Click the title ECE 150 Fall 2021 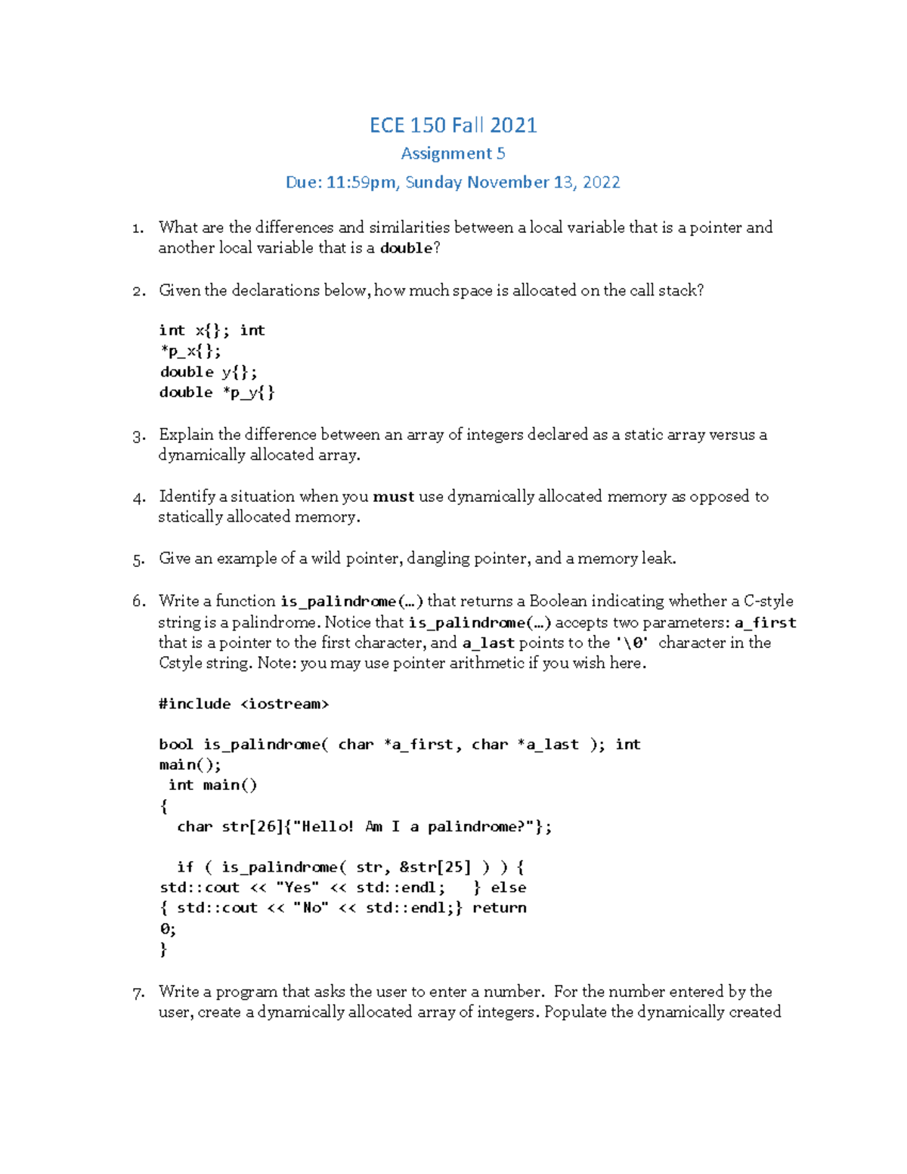[453, 125]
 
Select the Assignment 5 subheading [453, 153]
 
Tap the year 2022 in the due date [601, 182]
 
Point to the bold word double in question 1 [406, 249]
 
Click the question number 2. [138, 291]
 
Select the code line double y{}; [209, 372]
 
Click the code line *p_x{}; [190, 352]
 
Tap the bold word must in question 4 [393, 497]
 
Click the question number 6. [138, 602]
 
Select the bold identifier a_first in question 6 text [765, 623]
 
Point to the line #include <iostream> [243, 704]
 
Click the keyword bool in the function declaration [176, 745]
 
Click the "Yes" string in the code [297, 887]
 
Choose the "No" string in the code [311, 908]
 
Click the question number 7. [138, 993]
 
